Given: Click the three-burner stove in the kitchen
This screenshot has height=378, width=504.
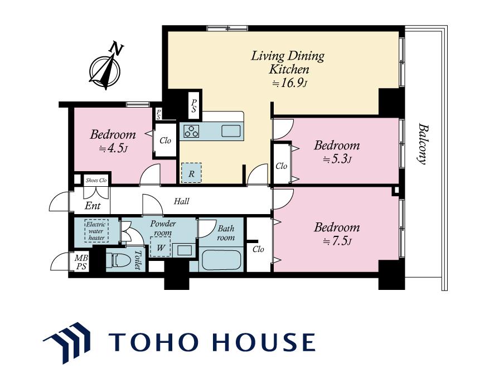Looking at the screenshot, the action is pyautogui.click(x=191, y=131).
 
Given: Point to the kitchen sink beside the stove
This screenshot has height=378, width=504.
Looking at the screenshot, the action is pyautogui.click(x=230, y=131).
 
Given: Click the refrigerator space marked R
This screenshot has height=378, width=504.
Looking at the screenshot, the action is pyautogui.click(x=191, y=173).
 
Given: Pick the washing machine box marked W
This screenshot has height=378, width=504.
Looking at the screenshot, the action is pyautogui.click(x=160, y=246).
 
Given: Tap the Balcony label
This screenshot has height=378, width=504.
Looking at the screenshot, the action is pyautogui.click(x=423, y=144).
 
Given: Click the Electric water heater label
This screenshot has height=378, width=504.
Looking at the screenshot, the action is pyautogui.click(x=96, y=231).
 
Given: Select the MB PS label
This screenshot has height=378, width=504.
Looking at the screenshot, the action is pyautogui.click(x=81, y=262).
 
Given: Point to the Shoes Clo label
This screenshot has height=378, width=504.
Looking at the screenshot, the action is pyautogui.click(x=96, y=180).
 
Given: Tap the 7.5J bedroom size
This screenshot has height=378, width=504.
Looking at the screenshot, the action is pyautogui.click(x=337, y=241).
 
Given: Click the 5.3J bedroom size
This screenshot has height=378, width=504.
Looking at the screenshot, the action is pyautogui.click(x=337, y=159).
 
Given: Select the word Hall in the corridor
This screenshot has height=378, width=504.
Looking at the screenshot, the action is pyautogui.click(x=182, y=201).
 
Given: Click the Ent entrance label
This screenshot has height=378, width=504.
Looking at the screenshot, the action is pyautogui.click(x=93, y=206).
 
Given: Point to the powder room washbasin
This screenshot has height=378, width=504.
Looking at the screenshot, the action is pyautogui.click(x=182, y=250).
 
